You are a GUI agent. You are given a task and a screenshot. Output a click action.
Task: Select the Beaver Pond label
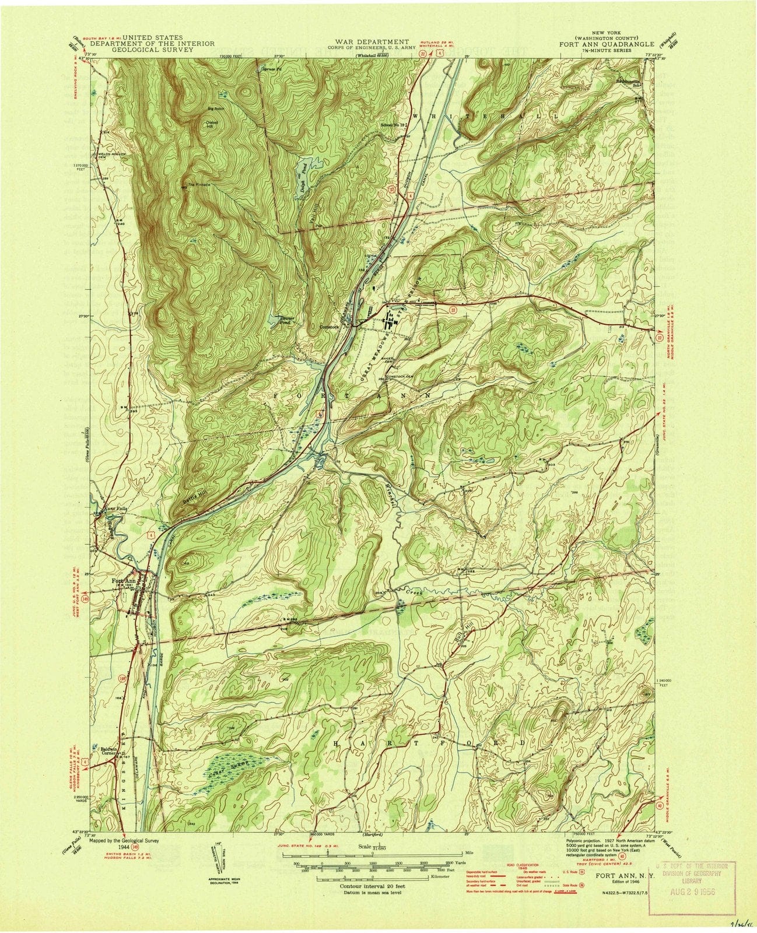[275, 320]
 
